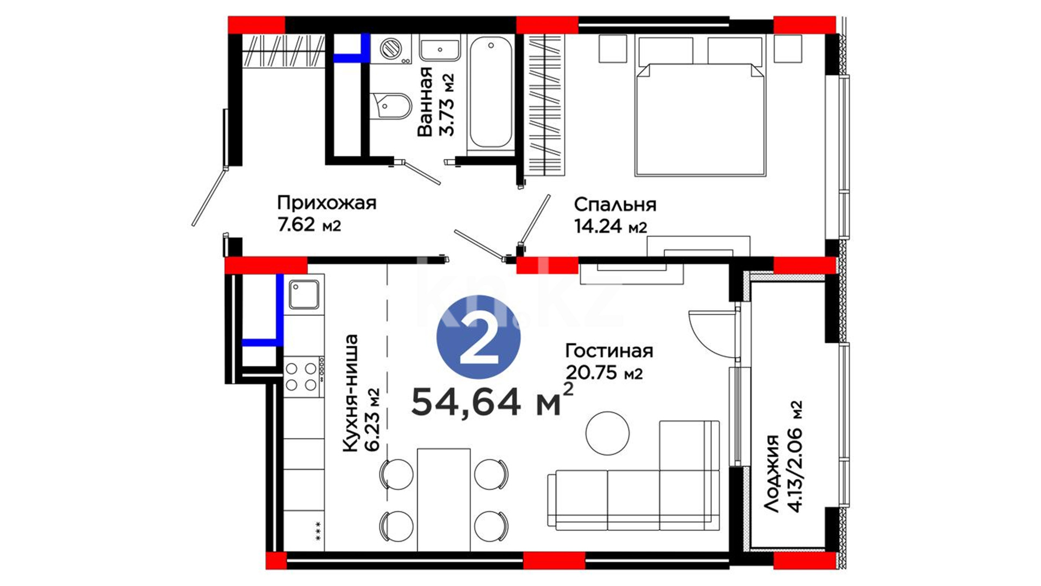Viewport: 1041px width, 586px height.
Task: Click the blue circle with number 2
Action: coord(478,337)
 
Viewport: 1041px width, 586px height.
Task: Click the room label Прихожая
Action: coord(326,203)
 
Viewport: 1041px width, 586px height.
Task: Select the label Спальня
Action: coord(615,205)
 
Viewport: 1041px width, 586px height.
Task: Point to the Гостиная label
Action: coord(609,351)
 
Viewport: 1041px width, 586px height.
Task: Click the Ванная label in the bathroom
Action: coord(426,101)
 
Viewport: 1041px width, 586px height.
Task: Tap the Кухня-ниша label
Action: coord(350,393)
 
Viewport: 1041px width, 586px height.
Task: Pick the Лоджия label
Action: coord(772,473)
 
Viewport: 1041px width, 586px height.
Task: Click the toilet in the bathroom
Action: coord(390,106)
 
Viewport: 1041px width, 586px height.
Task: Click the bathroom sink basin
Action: coord(440,49)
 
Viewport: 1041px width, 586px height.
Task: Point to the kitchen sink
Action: coord(304,295)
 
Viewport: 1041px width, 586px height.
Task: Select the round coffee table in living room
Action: coord(607,433)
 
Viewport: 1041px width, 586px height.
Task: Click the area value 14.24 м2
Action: coord(611,226)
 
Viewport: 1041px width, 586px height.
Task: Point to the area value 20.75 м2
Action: coord(604,373)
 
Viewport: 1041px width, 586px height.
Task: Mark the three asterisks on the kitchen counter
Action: coord(318,531)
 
